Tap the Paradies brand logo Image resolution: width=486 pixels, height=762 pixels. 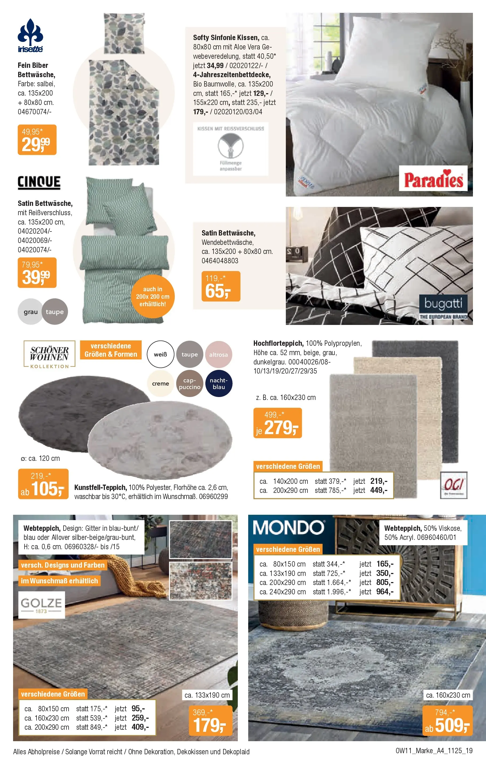pyautogui.click(x=433, y=179)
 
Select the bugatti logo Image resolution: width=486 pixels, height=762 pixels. pyautogui.click(x=443, y=306)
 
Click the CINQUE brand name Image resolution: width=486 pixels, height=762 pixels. pyautogui.click(x=39, y=183)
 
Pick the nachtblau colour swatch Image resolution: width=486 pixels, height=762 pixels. pyautogui.click(x=219, y=383)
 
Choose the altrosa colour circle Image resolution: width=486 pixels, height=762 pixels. pyautogui.click(x=218, y=354)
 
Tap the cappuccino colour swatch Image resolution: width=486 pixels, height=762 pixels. pyautogui.click(x=189, y=383)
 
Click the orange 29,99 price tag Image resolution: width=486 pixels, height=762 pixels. pyautogui.click(x=37, y=140)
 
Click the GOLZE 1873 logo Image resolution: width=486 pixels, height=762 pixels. pyautogui.click(x=41, y=605)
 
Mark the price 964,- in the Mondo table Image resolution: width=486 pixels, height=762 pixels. pyautogui.click(x=385, y=592)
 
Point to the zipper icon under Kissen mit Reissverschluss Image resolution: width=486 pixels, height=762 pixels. pyautogui.click(x=231, y=146)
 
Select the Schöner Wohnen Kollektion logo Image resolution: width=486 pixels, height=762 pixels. pyautogui.click(x=50, y=354)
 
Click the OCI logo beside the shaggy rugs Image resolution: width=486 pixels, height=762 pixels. pyautogui.click(x=453, y=485)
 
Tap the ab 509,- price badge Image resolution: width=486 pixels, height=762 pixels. pyautogui.click(x=447, y=721)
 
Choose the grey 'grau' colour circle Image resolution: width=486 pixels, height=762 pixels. pyautogui.click(x=30, y=312)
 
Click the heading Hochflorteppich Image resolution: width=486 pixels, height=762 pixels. pyautogui.click(x=278, y=343)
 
